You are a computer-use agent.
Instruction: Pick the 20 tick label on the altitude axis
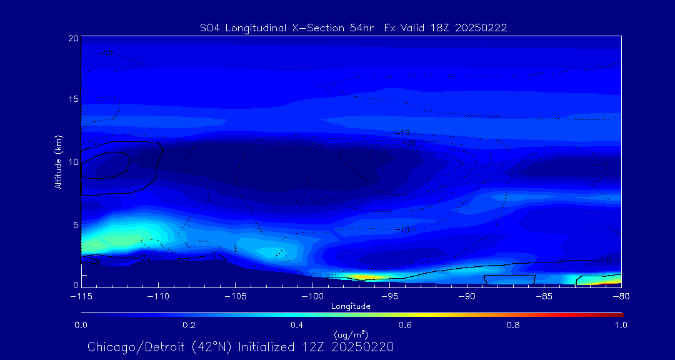click(72, 38)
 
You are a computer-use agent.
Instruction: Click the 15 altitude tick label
click(72, 99)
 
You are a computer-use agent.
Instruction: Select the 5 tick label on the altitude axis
click(74, 224)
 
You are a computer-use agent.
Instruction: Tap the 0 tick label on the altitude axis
click(74, 285)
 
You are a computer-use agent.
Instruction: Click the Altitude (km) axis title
click(58, 162)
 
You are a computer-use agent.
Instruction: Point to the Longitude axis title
click(351, 306)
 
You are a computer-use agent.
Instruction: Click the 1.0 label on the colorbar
click(620, 325)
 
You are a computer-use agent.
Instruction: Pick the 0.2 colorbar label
click(189, 325)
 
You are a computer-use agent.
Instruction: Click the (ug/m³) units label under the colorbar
click(351, 335)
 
